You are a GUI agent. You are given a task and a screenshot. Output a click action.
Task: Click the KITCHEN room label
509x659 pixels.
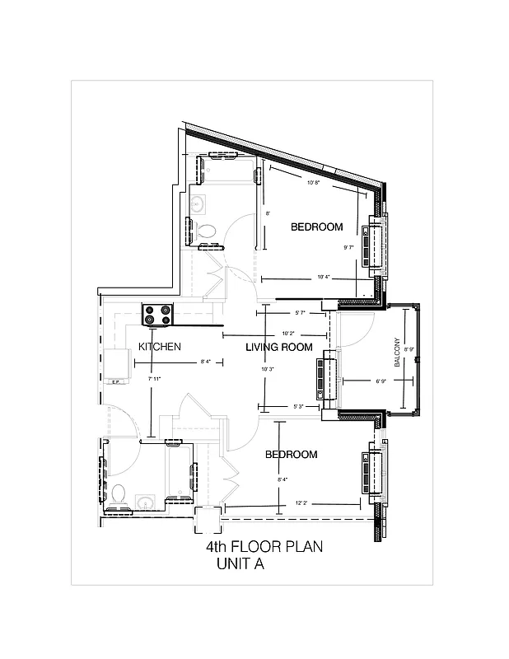[159, 347]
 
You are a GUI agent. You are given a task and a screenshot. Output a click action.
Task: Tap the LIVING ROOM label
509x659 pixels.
[279, 348]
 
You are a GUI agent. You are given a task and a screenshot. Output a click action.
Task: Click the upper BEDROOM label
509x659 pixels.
[316, 227]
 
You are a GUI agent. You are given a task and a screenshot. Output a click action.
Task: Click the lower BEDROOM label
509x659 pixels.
[291, 455]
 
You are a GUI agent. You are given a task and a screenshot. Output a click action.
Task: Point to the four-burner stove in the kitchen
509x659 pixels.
[158, 314]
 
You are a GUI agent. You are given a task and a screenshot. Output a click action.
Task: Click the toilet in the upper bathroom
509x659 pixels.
[208, 231]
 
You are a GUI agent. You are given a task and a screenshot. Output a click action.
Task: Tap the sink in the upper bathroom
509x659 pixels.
[197, 203]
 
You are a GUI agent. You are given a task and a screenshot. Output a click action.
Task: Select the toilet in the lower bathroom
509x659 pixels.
[119, 495]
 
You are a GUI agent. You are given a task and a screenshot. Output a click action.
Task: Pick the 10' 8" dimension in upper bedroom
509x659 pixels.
[313, 183]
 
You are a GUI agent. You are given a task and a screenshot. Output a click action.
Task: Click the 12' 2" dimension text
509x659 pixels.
[301, 502]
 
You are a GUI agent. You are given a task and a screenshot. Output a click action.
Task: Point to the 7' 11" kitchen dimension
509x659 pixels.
[153, 379]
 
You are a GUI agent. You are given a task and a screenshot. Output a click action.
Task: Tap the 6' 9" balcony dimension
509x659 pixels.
[381, 381]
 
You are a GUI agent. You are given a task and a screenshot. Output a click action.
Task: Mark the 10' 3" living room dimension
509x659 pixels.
[267, 369]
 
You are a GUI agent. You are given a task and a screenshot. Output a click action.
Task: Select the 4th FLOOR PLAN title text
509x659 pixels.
[264, 547]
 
